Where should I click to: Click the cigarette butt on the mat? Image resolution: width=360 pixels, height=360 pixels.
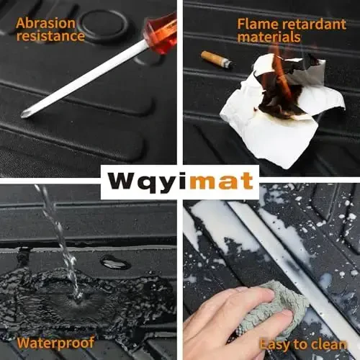[216, 60]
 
